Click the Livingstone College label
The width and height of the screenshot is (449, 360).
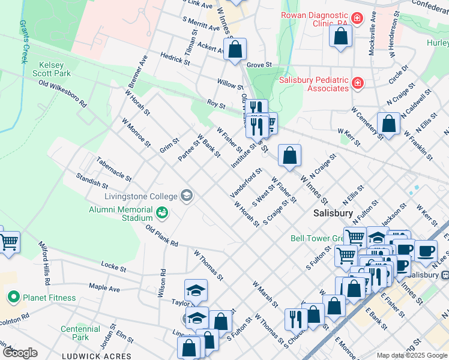pos(141,196)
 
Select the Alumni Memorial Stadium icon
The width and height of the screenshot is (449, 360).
pos(161,212)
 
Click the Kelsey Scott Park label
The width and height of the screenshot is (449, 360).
pos(55,69)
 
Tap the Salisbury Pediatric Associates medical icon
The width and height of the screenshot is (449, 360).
pos(357,82)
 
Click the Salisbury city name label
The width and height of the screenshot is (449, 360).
pos(333,214)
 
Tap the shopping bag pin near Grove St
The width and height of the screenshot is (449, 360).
pos(235,49)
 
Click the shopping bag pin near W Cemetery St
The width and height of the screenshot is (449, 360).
pos(389,123)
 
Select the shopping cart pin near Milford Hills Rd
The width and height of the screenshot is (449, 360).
pos(8,242)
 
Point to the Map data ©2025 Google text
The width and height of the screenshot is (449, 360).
pos(411,355)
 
